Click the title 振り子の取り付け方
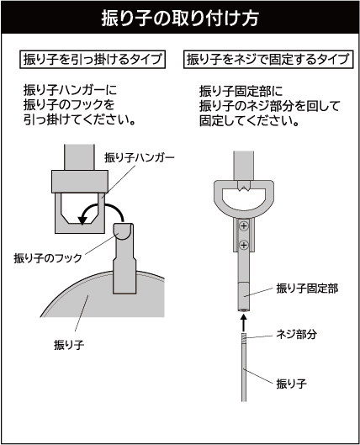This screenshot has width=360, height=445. [180, 19]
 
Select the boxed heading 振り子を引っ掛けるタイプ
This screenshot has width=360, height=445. [93, 60]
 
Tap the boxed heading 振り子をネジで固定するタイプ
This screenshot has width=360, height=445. [268, 60]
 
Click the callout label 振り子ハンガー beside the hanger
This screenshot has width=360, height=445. [140, 158]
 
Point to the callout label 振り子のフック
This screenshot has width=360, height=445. [48, 258]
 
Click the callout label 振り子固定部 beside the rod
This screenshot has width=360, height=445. [307, 289]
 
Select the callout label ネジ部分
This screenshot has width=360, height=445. [296, 334]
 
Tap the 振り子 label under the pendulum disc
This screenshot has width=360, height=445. [69, 345]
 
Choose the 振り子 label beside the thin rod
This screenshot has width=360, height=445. [292, 384]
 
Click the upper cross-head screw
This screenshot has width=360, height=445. [244, 226]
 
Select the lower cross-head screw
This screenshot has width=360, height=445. [244, 244]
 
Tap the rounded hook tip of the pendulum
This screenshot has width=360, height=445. [124, 231]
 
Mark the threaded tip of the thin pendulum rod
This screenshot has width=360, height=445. [244, 338]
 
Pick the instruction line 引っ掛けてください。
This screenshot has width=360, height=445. [80, 119]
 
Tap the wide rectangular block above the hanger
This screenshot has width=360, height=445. [80, 182]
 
